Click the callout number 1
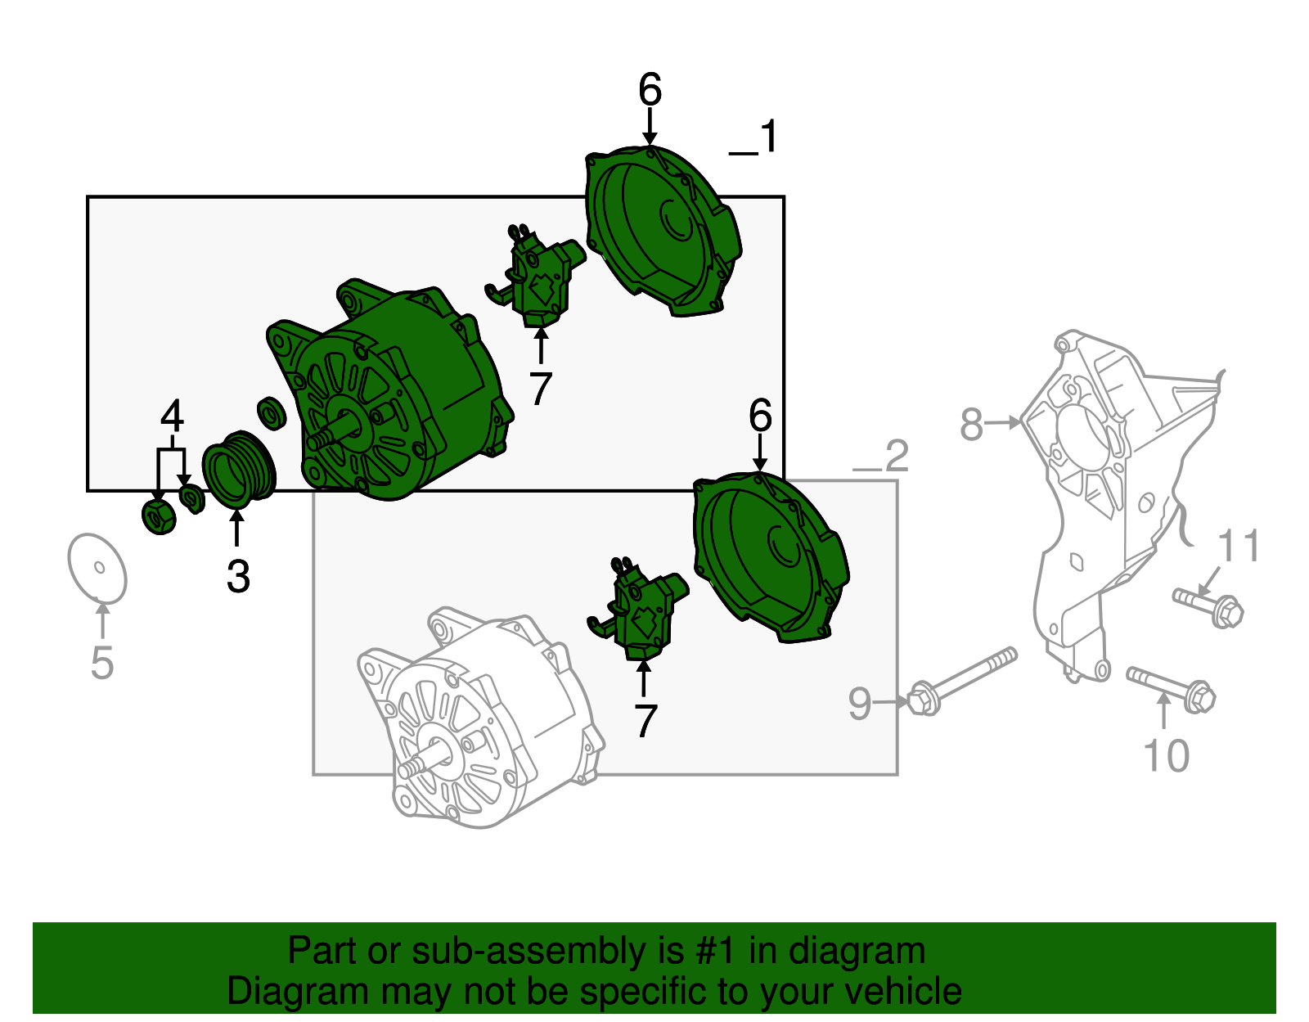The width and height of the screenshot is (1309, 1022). click(x=768, y=137)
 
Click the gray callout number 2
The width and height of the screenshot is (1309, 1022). click(x=897, y=456)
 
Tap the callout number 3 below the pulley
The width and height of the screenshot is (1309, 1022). click(x=237, y=577)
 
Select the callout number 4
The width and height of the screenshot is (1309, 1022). click(x=172, y=416)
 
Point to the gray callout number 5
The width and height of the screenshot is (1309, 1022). click(x=101, y=663)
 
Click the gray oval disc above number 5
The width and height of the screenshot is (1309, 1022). click(x=97, y=568)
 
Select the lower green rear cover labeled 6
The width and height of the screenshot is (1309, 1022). click(x=769, y=556)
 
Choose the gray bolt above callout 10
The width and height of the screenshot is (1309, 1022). click(x=1171, y=687)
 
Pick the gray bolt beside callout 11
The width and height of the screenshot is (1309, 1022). click(x=1208, y=606)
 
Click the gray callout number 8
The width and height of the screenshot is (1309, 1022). click(x=971, y=425)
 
